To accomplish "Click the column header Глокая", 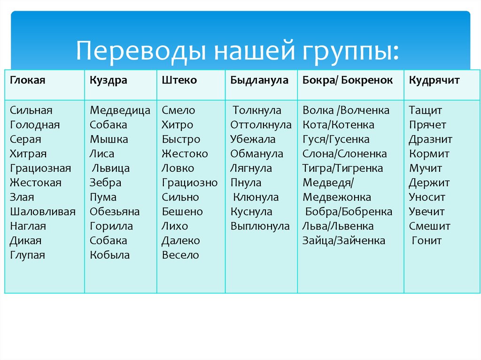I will coord(27,80).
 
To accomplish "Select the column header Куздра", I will coord(109,80).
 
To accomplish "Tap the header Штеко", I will coord(179,80).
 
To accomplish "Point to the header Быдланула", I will coord(259,80).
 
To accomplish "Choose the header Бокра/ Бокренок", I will coord(348,80).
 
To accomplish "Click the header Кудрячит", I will coord(434,80).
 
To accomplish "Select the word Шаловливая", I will coord(43,212).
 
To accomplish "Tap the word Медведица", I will coord(120,110).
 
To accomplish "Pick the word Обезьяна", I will coord(115,212).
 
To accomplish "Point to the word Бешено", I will coord(182,212).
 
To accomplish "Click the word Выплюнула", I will coord(260,226).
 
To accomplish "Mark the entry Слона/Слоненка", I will coord(345,154).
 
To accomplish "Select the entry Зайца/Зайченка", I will coord(344,241).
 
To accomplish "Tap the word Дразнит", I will coord(430,139).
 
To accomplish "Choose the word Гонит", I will coord(427,241).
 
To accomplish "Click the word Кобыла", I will coord(110,255).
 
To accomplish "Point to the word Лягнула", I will coord(251,169).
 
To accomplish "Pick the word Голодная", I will coord(35,125).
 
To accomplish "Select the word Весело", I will coord(180,255).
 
